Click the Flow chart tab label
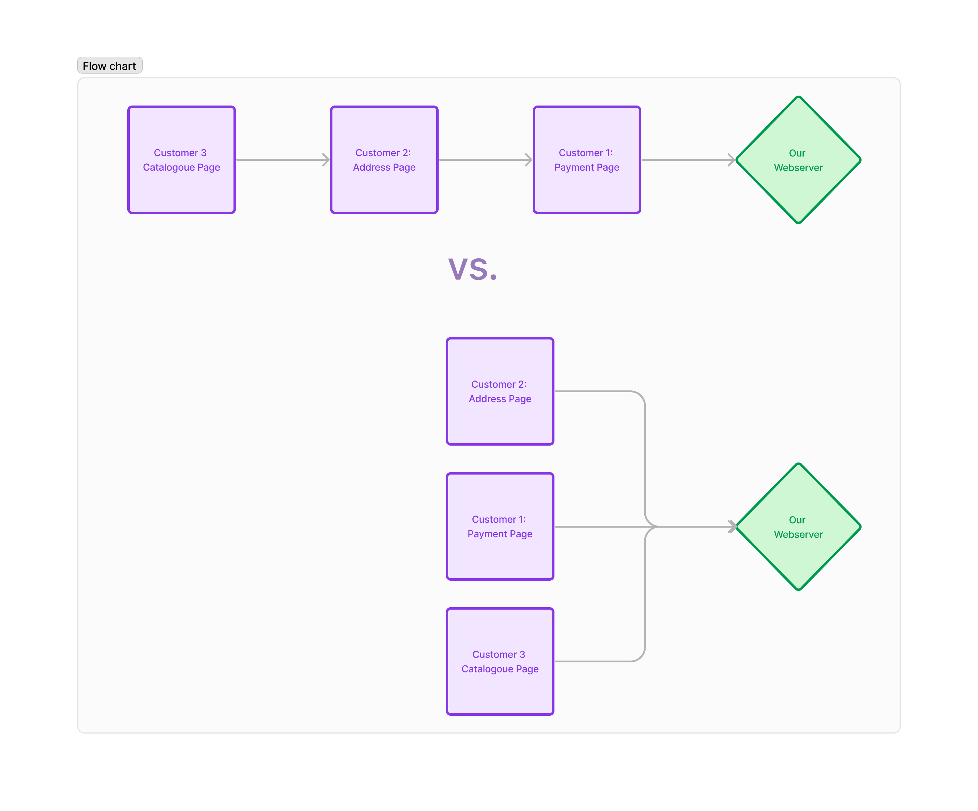tap(110, 66)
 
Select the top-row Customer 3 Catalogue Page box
tap(182, 160)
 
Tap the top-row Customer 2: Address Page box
tap(384, 160)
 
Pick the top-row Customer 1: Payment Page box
tap(587, 160)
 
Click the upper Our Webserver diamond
tap(798, 160)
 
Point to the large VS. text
tap(473, 270)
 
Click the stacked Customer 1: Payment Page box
tap(500, 526)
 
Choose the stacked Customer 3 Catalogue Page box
tap(500, 661)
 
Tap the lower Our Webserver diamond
tap(798, 526)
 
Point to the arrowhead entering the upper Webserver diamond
tap(732, 160)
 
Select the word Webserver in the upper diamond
tap(798, 168)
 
